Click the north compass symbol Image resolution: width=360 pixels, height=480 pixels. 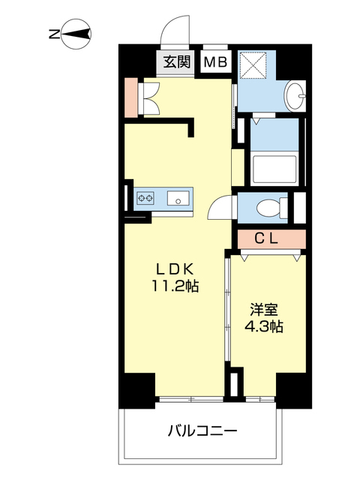click(76, 33)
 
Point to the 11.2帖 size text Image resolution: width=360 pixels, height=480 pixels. click(177, 286)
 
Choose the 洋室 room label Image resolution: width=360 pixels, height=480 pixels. click(265, 309)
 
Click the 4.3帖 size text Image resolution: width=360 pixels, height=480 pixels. click(265, 327)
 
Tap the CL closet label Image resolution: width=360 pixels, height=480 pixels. click(268, 239)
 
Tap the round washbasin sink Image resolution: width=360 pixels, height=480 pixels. click(297, 94)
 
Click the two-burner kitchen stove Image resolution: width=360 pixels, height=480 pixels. click(145, 199)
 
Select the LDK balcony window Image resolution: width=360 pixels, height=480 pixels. click(190, 398)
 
